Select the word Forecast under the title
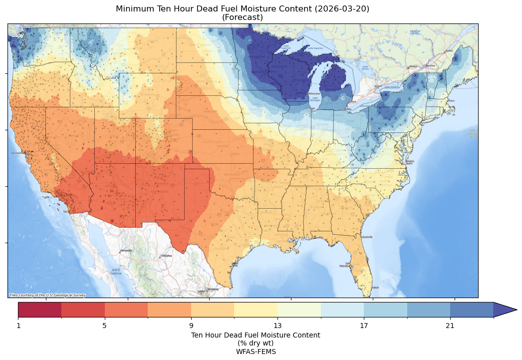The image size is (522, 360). click(243, 17)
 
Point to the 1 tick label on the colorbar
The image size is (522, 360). click(18, 326)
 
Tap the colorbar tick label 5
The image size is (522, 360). click(105, 326)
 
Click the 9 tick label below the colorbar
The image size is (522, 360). click(191, 326)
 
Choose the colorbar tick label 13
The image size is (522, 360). click(277, 326)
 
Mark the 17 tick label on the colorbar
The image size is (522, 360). click(364, 326)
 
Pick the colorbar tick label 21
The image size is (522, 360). click(450, 326)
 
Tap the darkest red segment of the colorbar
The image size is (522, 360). click(40, 310)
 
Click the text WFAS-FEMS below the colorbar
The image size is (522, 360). click(256, 352)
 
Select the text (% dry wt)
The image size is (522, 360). click(256, 343)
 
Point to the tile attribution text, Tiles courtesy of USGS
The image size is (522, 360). click(47, 295)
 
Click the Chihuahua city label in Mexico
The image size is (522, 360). click(166, 256)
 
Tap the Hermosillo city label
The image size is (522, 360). click(126, 251)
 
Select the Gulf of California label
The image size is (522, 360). click(116, 272)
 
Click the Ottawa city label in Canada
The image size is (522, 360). click(413, 66)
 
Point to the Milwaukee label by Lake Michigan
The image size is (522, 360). click(314, 93)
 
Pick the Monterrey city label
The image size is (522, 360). click(213, 289)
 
